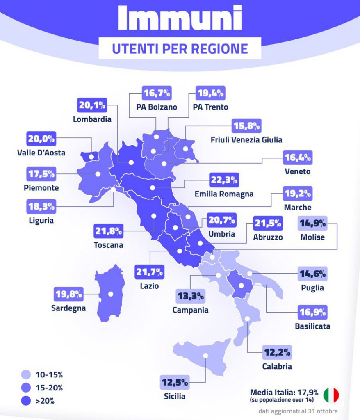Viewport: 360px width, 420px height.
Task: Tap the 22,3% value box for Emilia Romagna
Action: pyautogui.click(x=224, y=180)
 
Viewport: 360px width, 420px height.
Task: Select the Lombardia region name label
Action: pyautogui.click(x=92, y=119)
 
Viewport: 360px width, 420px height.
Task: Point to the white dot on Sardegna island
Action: pyautogui.click(x=110, y=294)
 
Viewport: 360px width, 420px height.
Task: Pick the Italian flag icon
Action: pyautogui.click(x=331, y=395)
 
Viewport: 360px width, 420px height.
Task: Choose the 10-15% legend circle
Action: pyautogui.click(x=27, y=374)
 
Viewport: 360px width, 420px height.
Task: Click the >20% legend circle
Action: pyautogui.click(x=27, y=401)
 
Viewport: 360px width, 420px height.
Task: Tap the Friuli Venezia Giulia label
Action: pyautogui.click(x=246, y=139)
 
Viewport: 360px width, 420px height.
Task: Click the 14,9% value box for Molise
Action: pyautogui.click(x=312, y=224)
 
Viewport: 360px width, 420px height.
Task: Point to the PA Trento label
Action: pyautogui.click(x=210, y=107)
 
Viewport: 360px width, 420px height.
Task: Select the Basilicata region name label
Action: pyautogui.click(x=312, y=326)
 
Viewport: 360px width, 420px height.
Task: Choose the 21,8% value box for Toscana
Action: pyautogui.click(x=108, y=231)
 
